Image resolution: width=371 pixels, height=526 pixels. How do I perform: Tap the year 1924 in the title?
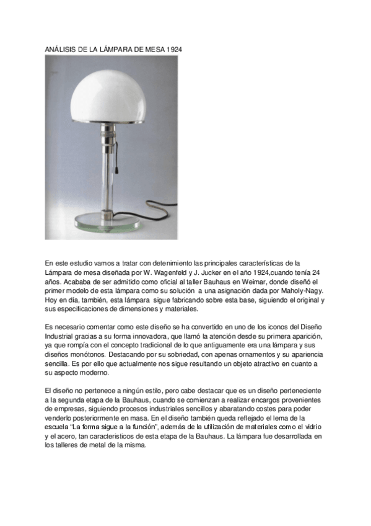(x=173, y=48)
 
